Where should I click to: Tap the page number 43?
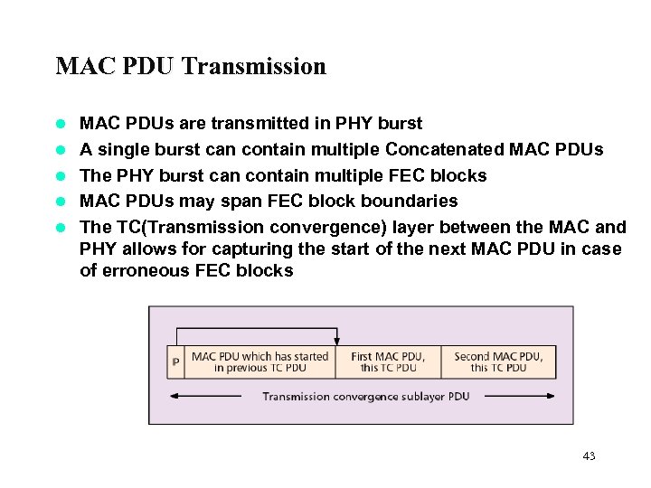(x=589, y=456)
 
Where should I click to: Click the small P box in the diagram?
(x=175, y=362)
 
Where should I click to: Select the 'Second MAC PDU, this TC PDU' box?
(x=498, y=362)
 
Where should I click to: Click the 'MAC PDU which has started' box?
(x=259, y=362)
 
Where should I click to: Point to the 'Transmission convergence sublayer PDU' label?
(x=365, y=396)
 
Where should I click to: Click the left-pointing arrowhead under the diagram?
(x=175, y=396)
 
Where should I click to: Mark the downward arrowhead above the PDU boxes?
(x=337, y=342)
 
